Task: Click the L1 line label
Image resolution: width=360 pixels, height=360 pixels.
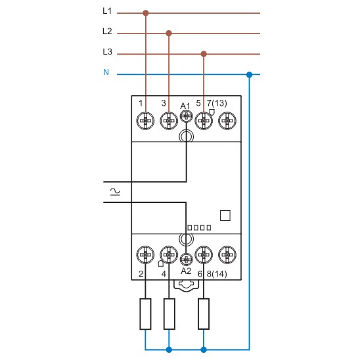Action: (107, 12)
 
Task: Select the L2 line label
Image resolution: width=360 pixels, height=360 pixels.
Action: (107, 32)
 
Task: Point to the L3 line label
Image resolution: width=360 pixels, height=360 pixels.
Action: (107, 52)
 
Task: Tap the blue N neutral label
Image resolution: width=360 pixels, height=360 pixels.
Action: (106, 72)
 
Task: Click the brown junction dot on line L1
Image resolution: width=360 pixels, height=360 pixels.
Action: (146, 12)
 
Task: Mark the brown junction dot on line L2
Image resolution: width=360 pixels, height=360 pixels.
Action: (169, 32)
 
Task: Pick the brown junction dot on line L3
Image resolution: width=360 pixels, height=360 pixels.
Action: (204, 54)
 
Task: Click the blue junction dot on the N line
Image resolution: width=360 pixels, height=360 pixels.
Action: (248, 74)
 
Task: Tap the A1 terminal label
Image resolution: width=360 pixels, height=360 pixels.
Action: (185, 105)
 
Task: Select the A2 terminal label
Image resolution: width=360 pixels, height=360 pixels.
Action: (186, 270)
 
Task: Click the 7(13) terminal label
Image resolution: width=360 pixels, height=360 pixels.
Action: (217, 103)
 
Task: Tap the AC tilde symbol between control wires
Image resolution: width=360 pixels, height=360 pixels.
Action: (115, 191)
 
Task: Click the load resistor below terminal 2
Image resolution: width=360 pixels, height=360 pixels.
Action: (146, 314)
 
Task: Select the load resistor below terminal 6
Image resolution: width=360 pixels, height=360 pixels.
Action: (204, 314)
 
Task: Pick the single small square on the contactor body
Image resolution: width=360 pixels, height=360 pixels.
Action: (225, 215)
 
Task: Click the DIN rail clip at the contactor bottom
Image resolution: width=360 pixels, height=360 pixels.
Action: (187, 284)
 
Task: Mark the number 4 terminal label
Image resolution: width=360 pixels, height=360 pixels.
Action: (164, 273)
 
